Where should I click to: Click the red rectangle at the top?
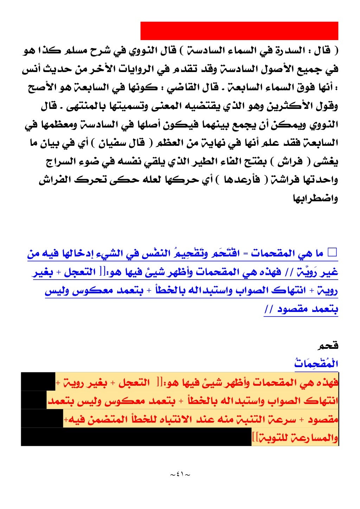(239, 31)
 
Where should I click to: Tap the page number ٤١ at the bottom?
(180, 474)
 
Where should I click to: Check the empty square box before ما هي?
(332, 253)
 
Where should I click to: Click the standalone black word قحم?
(328, 346)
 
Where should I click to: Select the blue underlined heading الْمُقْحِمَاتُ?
(316, 364)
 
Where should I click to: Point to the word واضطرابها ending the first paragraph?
(316, 199)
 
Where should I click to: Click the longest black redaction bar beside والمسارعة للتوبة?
(136, 437)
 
